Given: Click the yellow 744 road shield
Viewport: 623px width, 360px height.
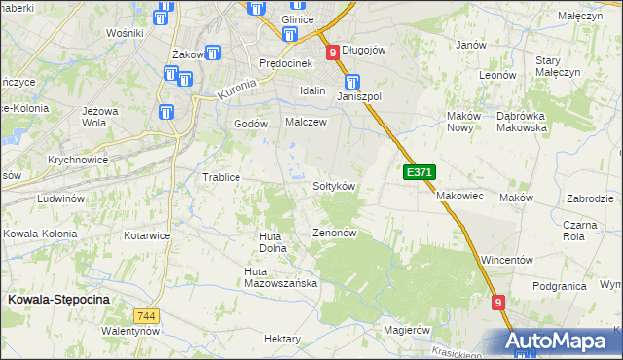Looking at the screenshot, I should [146, 316].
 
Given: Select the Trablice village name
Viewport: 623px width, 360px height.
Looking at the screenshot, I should [221, 177].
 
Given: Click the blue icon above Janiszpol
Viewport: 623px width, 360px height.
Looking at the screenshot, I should [352, 83].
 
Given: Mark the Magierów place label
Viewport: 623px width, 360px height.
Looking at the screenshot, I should [407, 331].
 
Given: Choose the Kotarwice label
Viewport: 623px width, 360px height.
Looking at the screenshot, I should [148, 235].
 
